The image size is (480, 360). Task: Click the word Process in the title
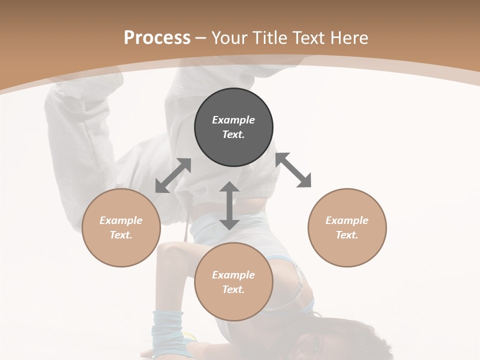pyautogui.click(x=157, y=37)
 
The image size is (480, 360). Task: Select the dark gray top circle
pyautogui.click(x=233, y=127)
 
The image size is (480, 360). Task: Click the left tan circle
pyautogui.click(x=121, y=227)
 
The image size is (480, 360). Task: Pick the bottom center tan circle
pyautogui.click(x=233, y=282)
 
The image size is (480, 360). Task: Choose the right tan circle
pyautogui.click(x=347, y=227)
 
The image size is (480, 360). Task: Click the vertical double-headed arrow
pyautogui.click(x=229, y=205)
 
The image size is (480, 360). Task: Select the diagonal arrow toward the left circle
pyautogui.click(x=173, y=175)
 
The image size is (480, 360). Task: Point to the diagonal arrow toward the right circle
pyautogui.click(x=293, y=170)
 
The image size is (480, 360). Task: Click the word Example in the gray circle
pyautogui.click(x=233, y=120)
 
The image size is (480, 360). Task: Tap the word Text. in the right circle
pyautogui.click(x=347, y=235)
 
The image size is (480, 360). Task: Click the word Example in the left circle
pyautogui.click(x=121, y=220)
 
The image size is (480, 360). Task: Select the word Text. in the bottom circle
pyautogui.click(x=233, y=289)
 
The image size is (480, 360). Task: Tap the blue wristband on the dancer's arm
pyautogui.click(x=167, y=327)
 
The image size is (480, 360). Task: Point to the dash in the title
pyautogui.click(x=200, y=38)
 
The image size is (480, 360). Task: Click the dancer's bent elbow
pyautogui.click(x=165, y=252)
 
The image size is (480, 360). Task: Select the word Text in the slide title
pyautogui.click(x=308, y=37)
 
